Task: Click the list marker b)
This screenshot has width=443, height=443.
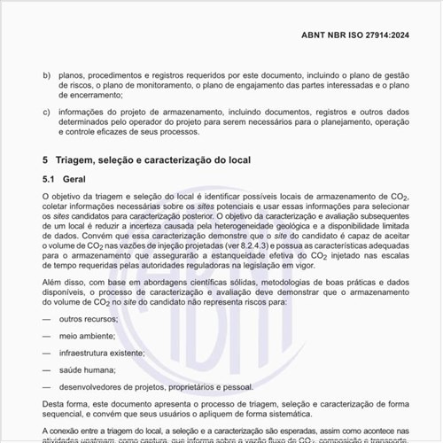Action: [x=47, y=76]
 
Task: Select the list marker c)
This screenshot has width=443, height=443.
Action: [x=47, y=113]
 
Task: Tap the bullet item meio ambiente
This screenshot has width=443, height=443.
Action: [x=89, y=336]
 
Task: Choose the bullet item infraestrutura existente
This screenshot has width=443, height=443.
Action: [x=103, y=353]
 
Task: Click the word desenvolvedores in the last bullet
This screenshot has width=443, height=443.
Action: [x=95, y=386]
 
